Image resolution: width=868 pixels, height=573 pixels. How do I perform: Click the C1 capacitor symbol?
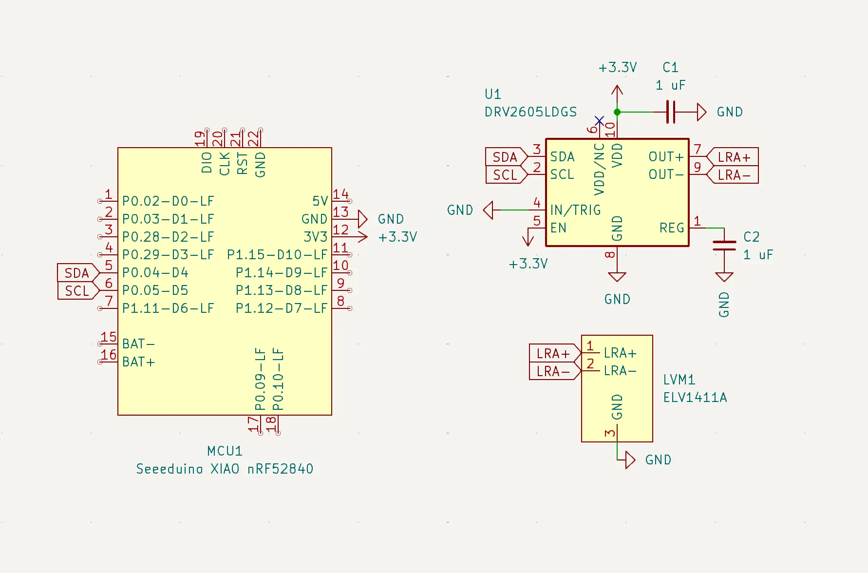(671, 112)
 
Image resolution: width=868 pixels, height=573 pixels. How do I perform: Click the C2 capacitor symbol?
(724, 246)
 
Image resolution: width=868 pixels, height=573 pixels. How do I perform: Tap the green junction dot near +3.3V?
(617, 112)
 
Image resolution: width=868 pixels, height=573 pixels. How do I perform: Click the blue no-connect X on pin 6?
(600, 121)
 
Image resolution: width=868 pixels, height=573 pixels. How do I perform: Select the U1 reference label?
(492, 94)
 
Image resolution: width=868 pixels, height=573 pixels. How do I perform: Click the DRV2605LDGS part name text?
(530, 112)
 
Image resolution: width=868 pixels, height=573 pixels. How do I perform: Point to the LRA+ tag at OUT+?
(733, 157)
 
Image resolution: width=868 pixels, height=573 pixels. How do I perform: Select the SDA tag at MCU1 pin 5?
(77, 273)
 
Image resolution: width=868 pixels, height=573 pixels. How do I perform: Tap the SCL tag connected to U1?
(505, 175)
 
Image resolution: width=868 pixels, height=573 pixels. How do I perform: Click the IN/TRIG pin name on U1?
(575, 210)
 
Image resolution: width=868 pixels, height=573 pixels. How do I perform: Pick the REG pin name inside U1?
(672, 228)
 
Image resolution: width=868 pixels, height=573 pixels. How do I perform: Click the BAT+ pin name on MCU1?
(138, 362)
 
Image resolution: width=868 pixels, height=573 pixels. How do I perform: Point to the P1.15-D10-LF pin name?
(277, 255)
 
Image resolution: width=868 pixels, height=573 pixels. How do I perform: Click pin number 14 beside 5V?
(340, 194)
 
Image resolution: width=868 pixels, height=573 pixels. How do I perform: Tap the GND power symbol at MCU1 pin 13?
(362, 219)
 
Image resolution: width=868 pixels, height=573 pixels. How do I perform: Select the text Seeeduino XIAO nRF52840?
(225, 469)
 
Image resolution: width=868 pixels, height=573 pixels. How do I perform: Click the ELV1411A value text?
(695, 398)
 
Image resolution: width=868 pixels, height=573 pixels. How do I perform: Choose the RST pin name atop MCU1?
(242, 163)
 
